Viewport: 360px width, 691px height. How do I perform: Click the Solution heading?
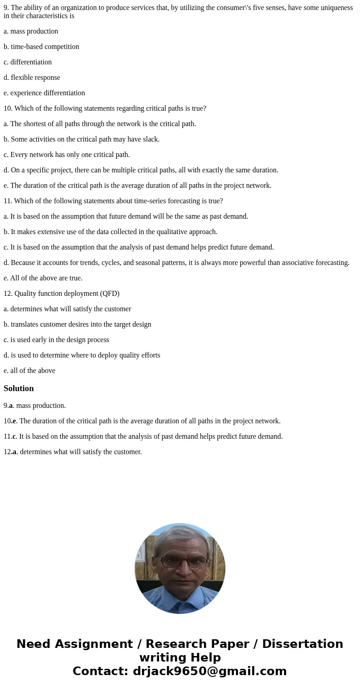[19, 388]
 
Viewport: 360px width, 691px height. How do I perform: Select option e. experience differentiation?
[44, 93]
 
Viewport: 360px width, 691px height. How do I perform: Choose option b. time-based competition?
[41, 47]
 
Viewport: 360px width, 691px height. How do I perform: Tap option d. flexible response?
[32, 78]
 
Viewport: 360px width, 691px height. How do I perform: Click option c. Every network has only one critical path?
[67, 155]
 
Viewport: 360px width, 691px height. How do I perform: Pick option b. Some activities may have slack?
[82, 139]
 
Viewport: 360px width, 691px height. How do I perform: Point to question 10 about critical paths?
[105, 108]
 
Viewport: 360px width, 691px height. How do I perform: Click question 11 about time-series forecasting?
[113, 201]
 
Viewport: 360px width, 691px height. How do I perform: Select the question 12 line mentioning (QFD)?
[62, 294]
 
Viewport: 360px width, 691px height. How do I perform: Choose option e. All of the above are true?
[43, 278]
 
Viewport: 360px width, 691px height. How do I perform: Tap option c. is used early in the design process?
[56, 340]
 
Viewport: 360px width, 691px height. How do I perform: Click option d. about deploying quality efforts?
[82, 355]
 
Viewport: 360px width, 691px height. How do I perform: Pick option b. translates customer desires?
[78, 324]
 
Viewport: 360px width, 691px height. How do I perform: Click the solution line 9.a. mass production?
[35, 406]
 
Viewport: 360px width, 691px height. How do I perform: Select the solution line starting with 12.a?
[73, 452]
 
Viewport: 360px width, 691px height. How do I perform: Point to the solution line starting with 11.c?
[143, 436]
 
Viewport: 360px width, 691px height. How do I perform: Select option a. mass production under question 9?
[31, 31]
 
